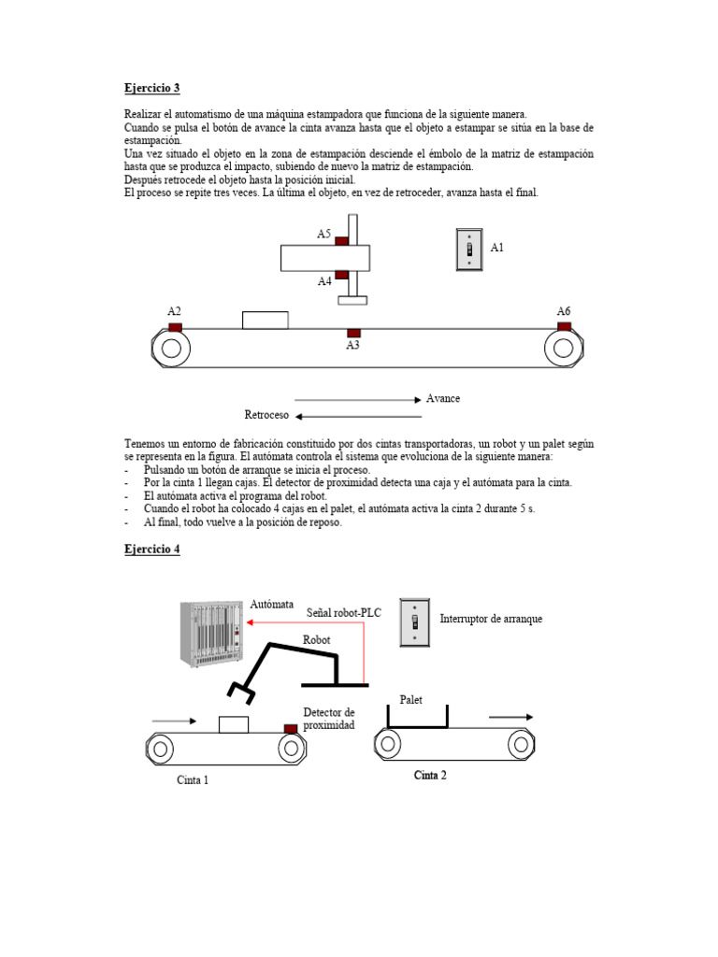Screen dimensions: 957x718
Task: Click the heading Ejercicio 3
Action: [152, 89]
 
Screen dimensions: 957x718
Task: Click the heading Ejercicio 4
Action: [152, 550]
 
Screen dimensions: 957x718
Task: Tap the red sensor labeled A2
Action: [175, 327]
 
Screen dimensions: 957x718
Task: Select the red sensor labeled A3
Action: [353, 333]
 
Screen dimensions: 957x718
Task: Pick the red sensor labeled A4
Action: [342, 275]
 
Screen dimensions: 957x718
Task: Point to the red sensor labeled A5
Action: [342, 241]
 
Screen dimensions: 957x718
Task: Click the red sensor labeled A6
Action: [564, 326]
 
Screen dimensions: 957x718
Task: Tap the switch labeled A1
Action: [468, 250]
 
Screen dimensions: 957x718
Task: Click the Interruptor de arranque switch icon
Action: [414, 621]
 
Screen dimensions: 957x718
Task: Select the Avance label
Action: [443, 398]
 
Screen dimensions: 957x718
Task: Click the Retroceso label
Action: [266, 415]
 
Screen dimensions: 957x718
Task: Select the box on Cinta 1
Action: [233, 724]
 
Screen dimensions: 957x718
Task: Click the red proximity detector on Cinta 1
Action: [291, 728]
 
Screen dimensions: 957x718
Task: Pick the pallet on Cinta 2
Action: [417, 717]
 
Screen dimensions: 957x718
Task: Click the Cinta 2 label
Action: [430, 775]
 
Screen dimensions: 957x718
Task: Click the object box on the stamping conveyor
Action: [265, 320]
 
